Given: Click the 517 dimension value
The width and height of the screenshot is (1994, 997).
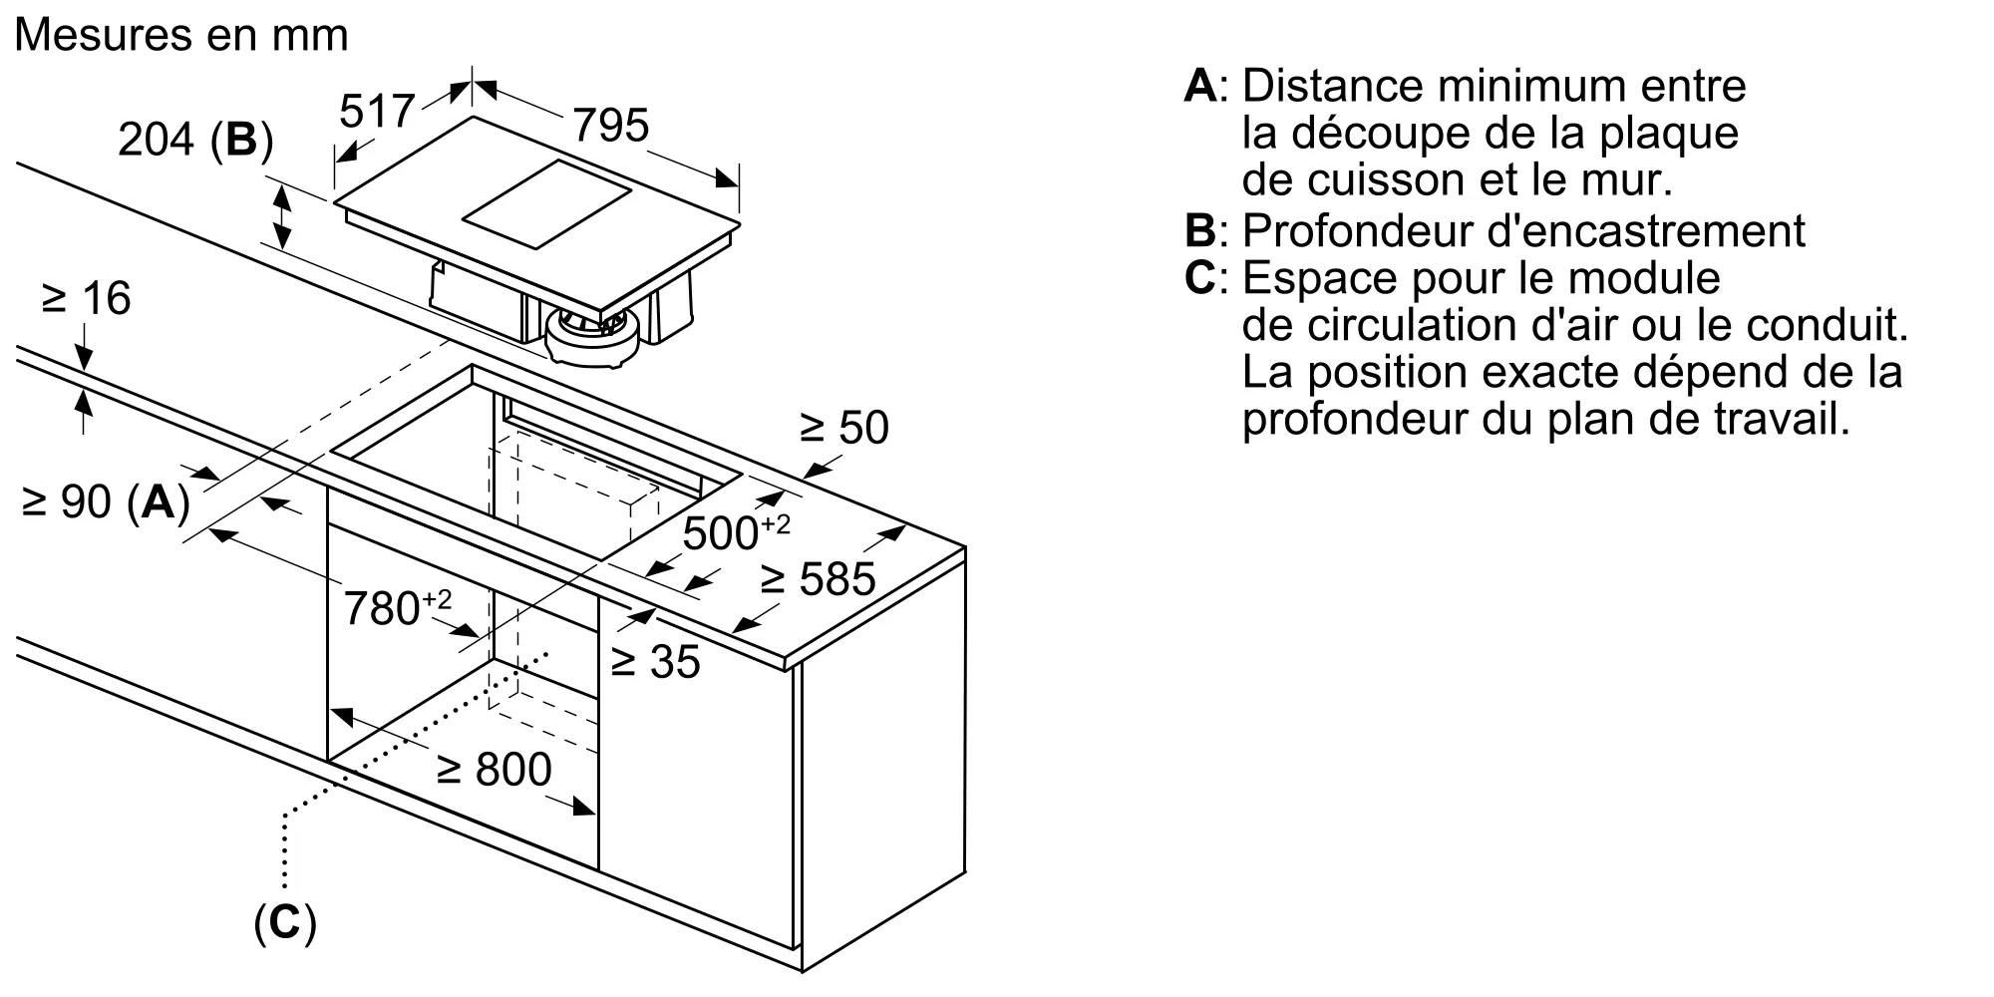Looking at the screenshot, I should click(x=376, y=111).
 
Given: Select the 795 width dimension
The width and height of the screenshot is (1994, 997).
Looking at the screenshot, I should click(x=610, y=125).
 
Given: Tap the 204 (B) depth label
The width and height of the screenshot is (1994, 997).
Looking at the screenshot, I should click(x=194, y=141).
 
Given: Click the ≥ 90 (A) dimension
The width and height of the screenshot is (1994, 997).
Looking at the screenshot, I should click(x=105, y=501).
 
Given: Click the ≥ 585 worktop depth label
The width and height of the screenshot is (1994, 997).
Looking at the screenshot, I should click(x=817, y=579).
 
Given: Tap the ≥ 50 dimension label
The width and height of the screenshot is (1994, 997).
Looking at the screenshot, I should click(x=843, y=427).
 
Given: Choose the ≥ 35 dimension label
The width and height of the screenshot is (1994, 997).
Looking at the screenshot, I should click(x=655, y=661).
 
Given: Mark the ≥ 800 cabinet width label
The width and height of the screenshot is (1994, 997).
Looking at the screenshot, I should click(x=494, y=769).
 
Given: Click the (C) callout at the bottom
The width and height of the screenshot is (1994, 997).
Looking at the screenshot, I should click(x=285, y=923).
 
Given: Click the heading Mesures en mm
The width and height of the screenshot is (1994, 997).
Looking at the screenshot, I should click(x=181, y=35).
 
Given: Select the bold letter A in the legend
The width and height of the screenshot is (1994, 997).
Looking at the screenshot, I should click(x=1200, y=86).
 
